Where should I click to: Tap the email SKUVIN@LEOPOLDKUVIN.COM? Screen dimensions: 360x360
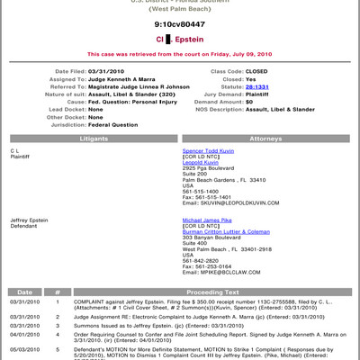247,205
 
